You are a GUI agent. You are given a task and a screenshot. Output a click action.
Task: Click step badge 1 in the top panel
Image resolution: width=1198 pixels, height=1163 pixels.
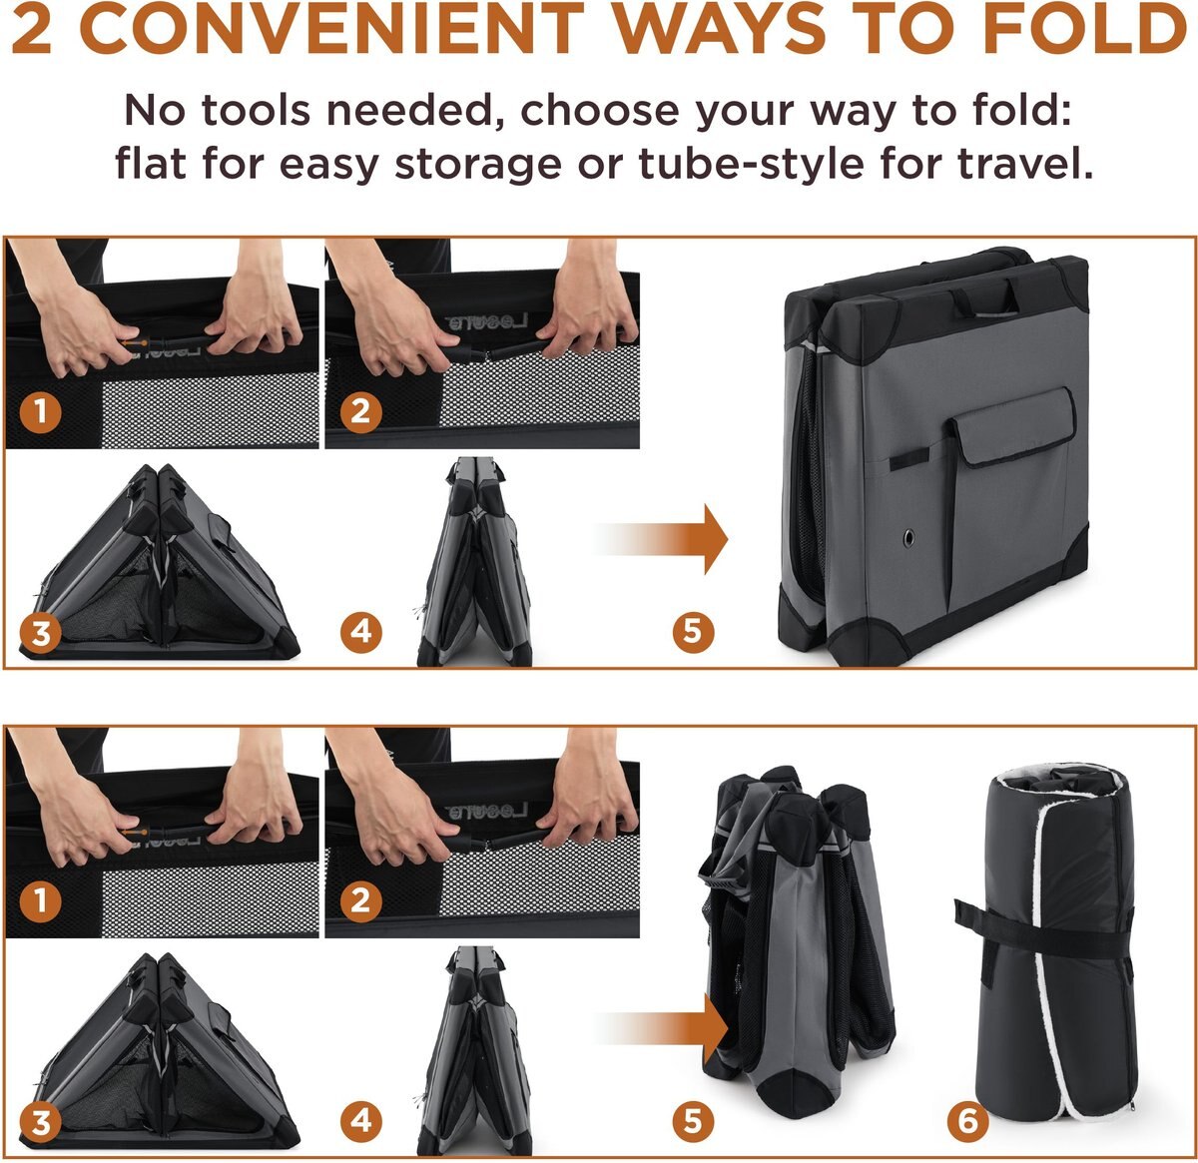[40, 411]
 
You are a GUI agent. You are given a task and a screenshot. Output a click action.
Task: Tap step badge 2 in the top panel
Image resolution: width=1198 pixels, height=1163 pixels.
[360, 411]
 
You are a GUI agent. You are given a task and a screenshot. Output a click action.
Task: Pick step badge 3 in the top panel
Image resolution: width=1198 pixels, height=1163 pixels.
[40, 632]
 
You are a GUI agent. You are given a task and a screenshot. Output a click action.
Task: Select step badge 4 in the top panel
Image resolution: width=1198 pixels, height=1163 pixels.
[360, 632]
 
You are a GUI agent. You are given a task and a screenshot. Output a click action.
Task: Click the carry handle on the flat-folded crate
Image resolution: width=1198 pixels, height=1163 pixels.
[984, 297]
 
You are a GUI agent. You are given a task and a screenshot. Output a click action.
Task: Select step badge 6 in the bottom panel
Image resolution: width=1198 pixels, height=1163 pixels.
[967, 1121]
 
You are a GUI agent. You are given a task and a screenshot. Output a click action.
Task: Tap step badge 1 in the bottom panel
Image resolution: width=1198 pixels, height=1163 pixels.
[40, 900]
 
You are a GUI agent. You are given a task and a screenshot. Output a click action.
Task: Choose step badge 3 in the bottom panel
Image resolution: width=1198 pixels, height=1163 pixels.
[40, 1121]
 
